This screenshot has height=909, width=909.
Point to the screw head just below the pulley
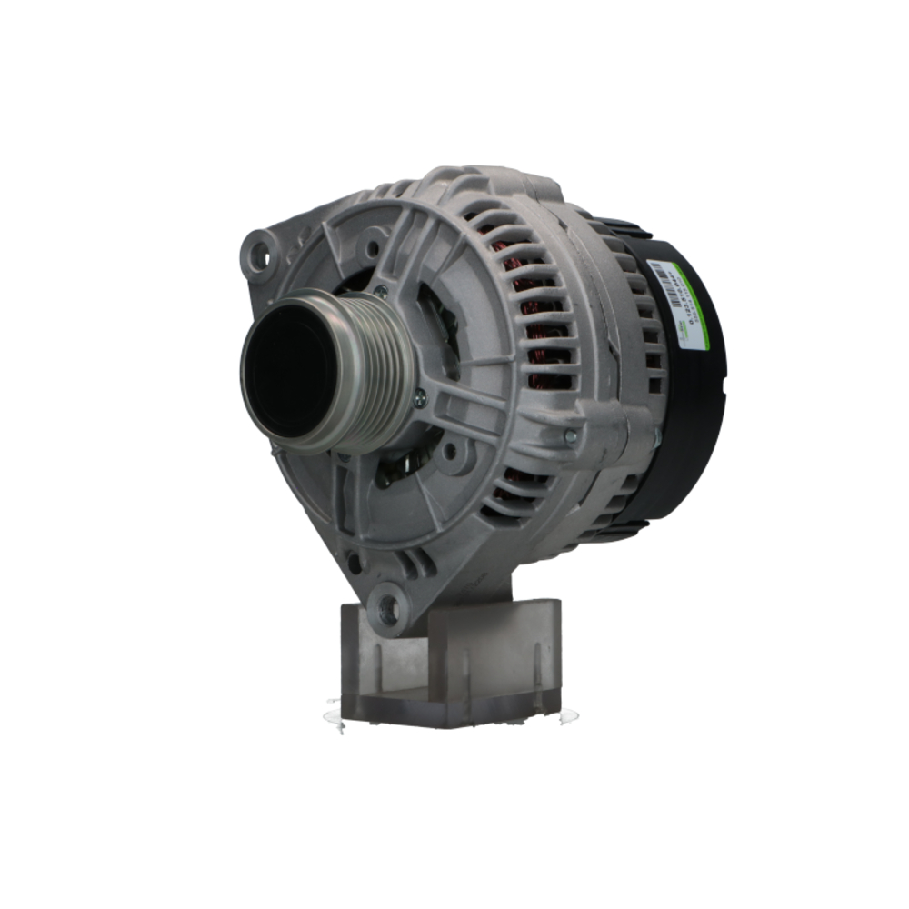click(x=419, y=397)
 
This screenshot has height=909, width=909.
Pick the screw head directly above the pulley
click(x=380, y=292)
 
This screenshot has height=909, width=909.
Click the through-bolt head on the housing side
click(x=570, y=436)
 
